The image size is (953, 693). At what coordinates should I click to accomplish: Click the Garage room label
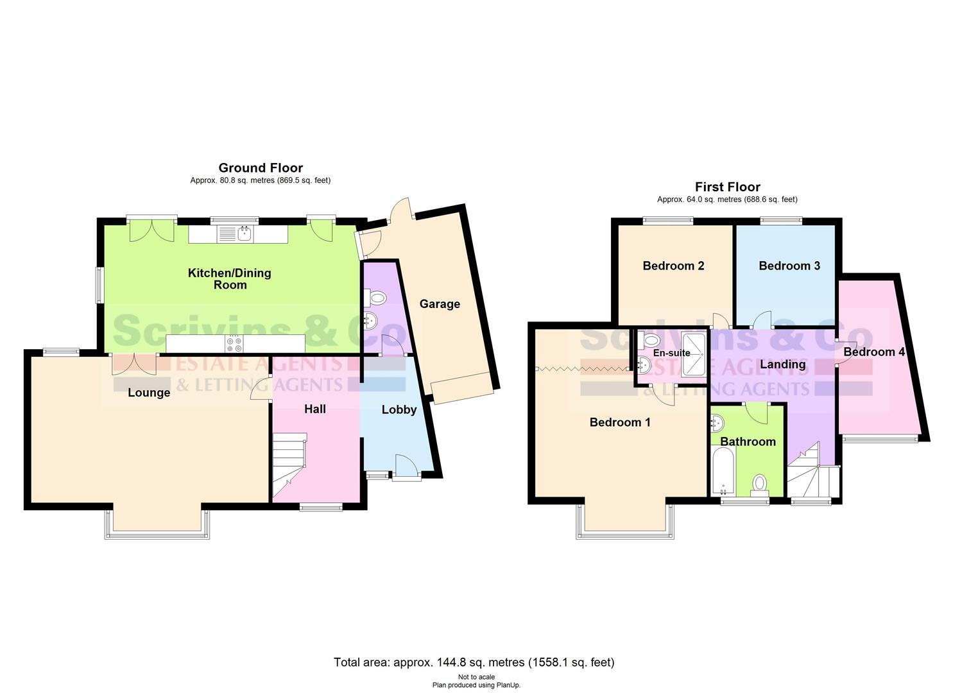[440, 304]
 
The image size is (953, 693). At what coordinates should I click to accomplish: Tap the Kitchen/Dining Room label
[229, 278]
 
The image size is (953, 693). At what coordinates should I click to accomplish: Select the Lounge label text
[149, 393]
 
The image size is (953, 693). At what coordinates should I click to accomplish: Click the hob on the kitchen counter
[234, 345]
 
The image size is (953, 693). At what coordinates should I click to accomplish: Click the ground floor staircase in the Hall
[289, 465]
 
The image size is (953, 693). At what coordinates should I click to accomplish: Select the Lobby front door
[406, 466]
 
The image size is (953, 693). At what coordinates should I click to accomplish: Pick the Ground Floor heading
[261, 168]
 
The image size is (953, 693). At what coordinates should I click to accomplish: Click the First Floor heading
[727, 187]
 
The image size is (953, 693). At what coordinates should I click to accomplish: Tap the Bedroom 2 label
[673, 266]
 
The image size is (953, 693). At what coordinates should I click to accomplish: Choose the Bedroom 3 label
[789, 266]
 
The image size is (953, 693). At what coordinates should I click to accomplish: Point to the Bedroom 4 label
[873, 352]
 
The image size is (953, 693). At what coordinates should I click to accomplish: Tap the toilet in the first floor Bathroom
[760, 483]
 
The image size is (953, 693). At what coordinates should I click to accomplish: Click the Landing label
[782, 364]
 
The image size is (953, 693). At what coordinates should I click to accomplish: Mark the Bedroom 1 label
[620, 422]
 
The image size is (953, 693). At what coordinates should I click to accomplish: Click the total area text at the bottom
[474, 662]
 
